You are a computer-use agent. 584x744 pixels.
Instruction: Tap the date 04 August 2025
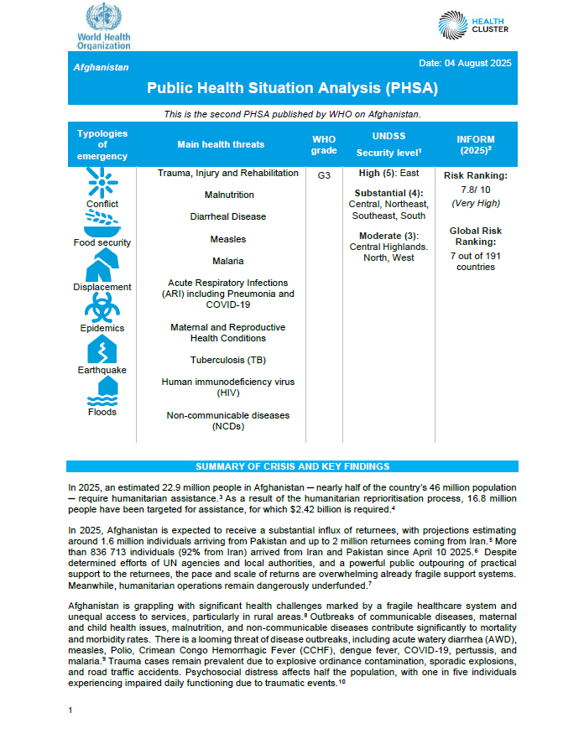pos(464,64)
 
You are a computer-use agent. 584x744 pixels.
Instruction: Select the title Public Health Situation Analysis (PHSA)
pos(292,87)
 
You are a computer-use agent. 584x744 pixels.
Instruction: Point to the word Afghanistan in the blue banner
pos(102,67)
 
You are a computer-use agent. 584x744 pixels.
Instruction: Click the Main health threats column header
pos(221,144)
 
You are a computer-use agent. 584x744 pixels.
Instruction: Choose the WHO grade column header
pos(324,144)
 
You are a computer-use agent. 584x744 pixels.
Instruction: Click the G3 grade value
pos(324,176)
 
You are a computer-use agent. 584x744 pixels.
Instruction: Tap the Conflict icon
pos(102,182)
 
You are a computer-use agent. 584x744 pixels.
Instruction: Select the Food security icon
pos(102,223)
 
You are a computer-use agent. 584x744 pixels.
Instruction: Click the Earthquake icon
pos(102,348)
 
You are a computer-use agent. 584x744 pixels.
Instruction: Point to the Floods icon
pos(102,390)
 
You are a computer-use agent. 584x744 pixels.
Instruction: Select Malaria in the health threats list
pos(227,261)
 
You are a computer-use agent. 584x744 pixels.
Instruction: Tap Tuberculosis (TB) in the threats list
pos(227,360)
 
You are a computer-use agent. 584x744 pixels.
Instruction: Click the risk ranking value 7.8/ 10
pos(475,190)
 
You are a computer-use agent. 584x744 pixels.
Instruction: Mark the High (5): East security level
pos(389,174)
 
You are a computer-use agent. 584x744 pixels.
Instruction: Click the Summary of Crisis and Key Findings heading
pos(292,466)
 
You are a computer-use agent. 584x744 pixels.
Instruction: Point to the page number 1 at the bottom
pos(70,710)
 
